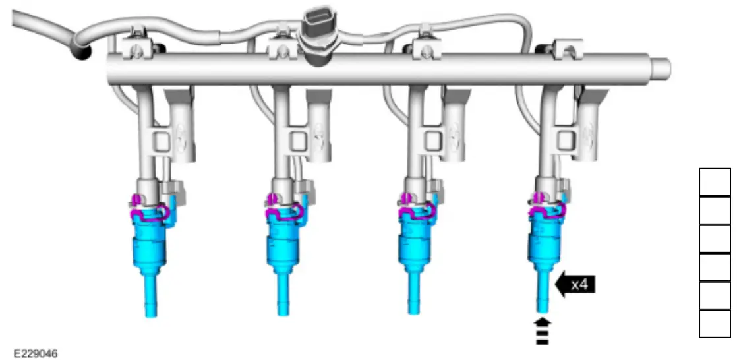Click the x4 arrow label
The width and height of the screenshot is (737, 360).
pos(575,284)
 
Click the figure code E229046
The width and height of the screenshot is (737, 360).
pos(35,353)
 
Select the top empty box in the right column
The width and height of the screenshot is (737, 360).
pos(715,182)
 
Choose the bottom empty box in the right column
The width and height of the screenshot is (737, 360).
pos(715,324)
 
